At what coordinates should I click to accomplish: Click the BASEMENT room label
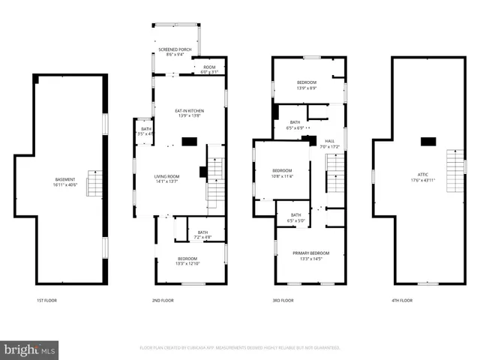tap(65, 181)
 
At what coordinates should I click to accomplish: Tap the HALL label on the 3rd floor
tap(330, 143)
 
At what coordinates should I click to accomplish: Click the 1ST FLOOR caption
tap(46, 300)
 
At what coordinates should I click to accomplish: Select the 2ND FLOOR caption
tap(163, 300)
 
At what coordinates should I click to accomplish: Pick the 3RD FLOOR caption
tap(283, 300)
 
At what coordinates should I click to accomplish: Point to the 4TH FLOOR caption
tap(401, 300)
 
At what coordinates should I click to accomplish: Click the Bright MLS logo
tap(30, 349)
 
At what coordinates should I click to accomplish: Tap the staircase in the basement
tap(94, 183)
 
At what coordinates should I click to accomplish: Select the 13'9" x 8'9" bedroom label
tap(307, 84)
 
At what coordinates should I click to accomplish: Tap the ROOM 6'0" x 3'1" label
tap(209, 68)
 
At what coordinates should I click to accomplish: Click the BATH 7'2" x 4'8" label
tap(202, 235)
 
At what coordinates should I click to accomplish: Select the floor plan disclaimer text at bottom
tap(240, 348)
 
